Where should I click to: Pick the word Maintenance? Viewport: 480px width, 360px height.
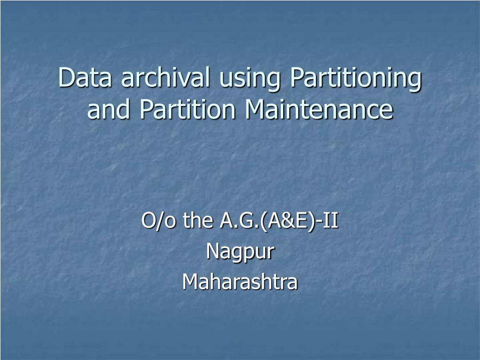pyautogui.click(x=319, y=110)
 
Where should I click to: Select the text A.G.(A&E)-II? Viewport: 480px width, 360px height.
pyautogui.click(x=278, y=221)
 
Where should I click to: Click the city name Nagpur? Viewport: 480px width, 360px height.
pyautogui.click(x=240, y=252)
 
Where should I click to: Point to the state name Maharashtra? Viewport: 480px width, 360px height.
pyautogui.click(x=240, y=282)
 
